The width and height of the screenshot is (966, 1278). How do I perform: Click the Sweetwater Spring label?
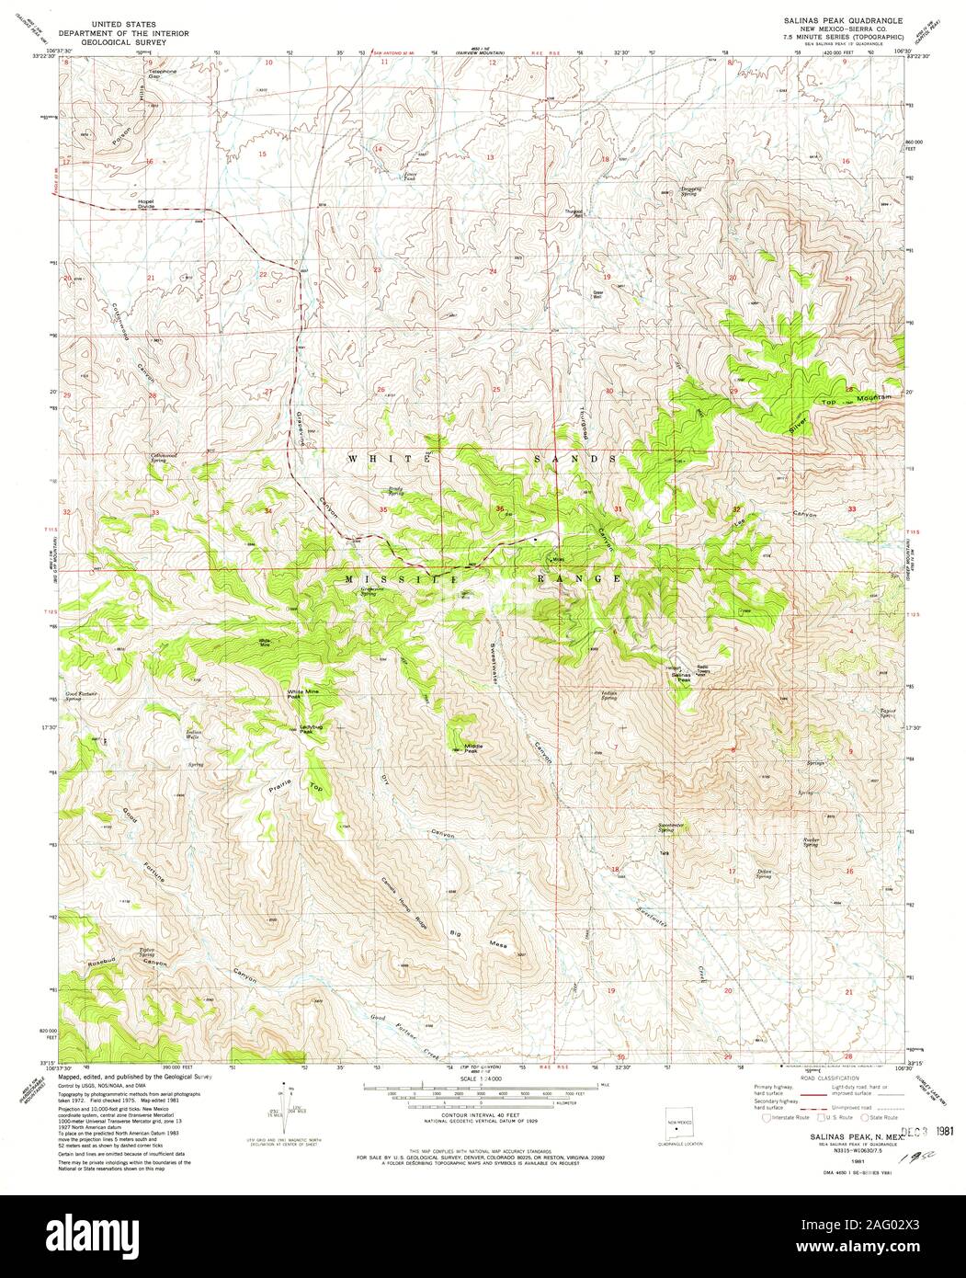click(x=672, y=827)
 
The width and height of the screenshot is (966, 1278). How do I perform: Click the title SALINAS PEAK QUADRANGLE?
click(x=843, y=19)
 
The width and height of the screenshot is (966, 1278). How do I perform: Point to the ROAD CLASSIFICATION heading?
click(x=830, y=1078)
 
